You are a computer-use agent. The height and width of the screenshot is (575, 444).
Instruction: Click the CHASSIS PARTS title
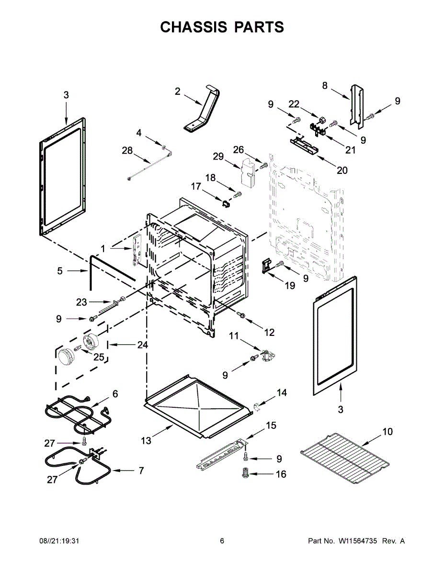coord(222,27)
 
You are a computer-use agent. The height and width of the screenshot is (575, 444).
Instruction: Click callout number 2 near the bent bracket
coord(178,91)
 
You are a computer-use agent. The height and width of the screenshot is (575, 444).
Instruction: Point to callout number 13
coord(146,441)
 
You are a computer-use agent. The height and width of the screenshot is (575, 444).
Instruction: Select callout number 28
coord(127,150)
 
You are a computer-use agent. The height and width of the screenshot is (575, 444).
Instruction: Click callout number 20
coord(342,170)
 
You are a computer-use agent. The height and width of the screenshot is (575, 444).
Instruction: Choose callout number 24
coord(142,345)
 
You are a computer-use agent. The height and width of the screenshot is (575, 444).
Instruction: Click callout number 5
coord(60,271)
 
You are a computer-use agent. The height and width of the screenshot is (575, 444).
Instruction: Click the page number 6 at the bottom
coord(222,541)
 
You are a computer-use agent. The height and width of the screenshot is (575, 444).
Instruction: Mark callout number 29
coord(218,156)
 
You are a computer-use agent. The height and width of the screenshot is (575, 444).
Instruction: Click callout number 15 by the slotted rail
coord(271,425)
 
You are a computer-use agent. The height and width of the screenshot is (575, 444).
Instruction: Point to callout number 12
coord(269,332)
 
